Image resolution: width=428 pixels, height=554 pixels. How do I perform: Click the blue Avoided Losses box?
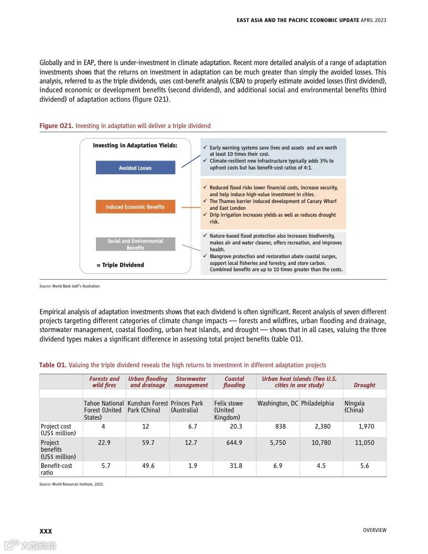pyautogui.click(x=135, y=168)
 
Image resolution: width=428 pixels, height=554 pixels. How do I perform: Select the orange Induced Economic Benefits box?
pyautogui.click(x=135, y=207)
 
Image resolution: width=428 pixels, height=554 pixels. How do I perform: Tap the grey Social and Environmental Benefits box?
pyautogui.click(x=135, y=244)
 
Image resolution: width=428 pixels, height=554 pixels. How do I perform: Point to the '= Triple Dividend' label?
pyautogui.click(x=120, y=265)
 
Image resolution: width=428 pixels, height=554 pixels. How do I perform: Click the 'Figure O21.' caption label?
pyautogui.click(x=56, y=126)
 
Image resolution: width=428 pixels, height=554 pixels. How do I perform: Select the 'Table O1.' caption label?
pyautogui.click(x=52, y=365)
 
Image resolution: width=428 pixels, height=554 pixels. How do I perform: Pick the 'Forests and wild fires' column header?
pyautogui.click(x=104, y=382)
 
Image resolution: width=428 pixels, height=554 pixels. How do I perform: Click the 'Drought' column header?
pyautogui.click(x=364, y=385)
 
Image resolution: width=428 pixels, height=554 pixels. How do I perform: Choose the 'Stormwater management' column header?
pyautogui.click(x=191, y=382)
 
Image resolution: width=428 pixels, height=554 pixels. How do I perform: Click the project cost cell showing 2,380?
pyautogui.click(x=323, y=427)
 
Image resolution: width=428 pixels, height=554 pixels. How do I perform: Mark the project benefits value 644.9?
pyautogui.click(x=234, y=443)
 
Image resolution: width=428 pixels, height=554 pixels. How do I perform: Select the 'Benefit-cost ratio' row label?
pyautogui.click(x=57, y=469)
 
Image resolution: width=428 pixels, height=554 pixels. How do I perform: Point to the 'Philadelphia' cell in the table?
pyautogui.click(x=317, y=403)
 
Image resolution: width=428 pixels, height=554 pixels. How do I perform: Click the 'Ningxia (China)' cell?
pyautogui.click(x=355, y=407)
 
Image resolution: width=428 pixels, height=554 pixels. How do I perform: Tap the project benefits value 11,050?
pyautogui.click(x=365, y=443)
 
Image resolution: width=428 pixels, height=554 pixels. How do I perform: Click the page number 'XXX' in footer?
pyautogui.click(x=46, y=531)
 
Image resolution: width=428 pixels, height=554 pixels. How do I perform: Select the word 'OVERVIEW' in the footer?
pyautogui.click(x=374, y=530)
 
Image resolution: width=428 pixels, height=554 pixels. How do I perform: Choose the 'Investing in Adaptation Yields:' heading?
pyautogui.click(x=135, y=145)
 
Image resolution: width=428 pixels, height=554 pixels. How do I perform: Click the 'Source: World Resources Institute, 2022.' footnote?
pyautogui.click(x=71, y=484)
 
